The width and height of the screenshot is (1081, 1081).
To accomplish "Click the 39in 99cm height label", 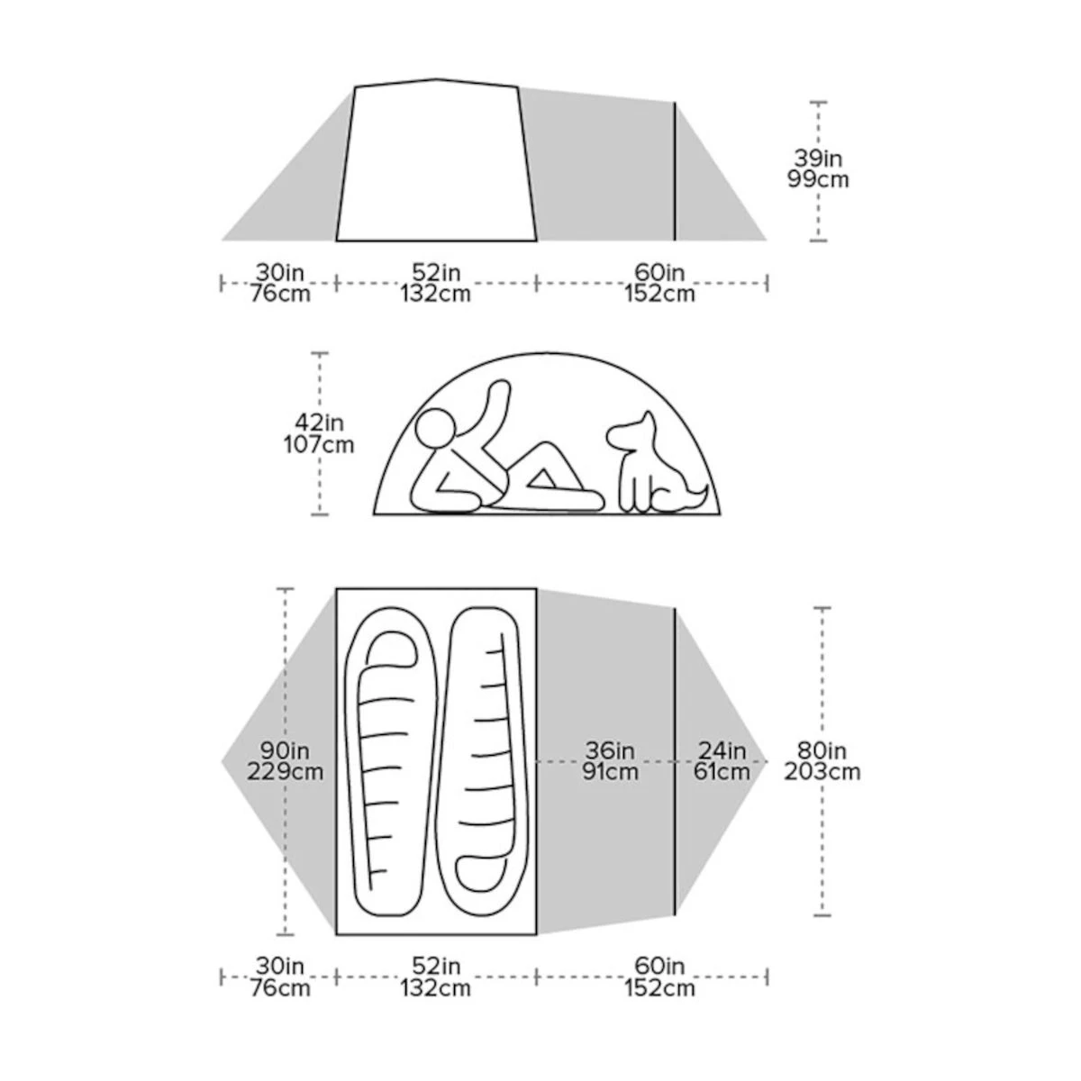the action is [818, 168].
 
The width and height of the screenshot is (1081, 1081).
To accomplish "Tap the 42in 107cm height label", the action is [319, 433].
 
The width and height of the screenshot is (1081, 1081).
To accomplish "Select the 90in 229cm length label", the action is [285, 761].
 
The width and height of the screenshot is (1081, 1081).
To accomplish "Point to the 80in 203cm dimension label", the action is [822, 761].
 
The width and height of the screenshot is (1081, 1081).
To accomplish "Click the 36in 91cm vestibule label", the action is [610, 761].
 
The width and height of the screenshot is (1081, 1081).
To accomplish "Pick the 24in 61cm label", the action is [722, 761].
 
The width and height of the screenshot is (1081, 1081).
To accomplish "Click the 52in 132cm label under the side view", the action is [435, 283].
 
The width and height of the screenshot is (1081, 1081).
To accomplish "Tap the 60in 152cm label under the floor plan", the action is [659, 977].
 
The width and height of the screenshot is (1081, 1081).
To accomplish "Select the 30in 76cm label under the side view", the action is [280, 283].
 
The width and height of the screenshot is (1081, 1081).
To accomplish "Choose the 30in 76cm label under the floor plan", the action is [280, 977].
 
